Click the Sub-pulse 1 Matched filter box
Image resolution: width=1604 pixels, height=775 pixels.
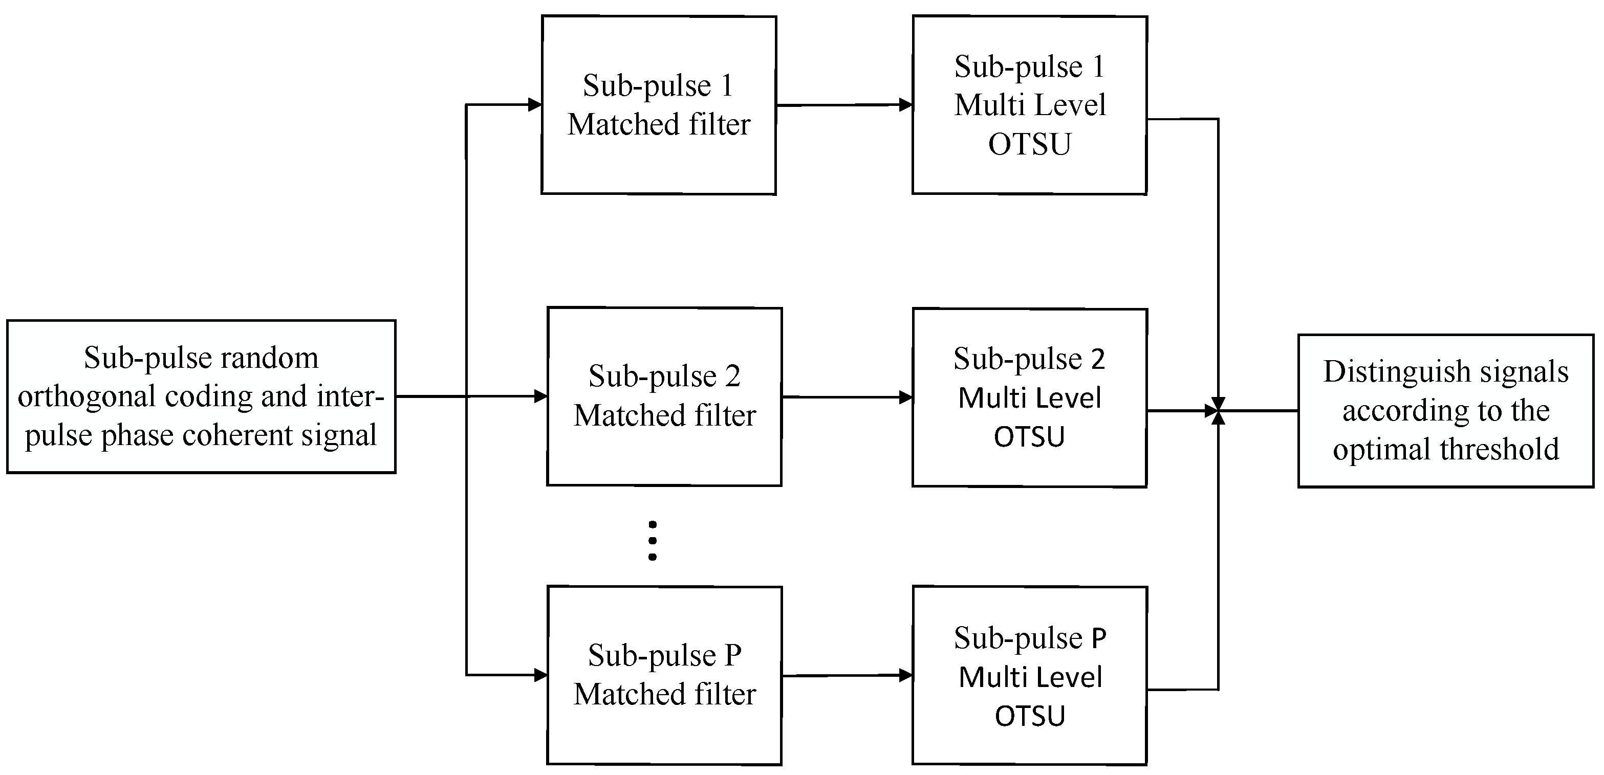tap(658, 104)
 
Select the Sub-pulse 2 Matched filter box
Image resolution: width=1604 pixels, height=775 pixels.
tap(664, 396)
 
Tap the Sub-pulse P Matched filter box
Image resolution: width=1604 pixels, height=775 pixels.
tap(664, 675)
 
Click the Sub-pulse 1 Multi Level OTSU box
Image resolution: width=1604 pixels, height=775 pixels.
tap(1029, 104)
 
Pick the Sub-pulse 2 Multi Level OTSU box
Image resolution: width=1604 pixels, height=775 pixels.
tap(1029, 397)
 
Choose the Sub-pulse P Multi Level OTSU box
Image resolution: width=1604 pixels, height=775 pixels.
tap(1029, 675)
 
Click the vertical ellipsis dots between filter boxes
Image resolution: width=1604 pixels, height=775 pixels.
tap(652, 540)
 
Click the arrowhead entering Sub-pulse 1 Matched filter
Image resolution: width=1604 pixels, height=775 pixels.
tap(535, 104)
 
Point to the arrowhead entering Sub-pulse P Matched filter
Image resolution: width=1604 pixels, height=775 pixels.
tap(540, 675)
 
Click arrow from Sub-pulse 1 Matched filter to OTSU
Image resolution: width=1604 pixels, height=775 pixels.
tap(844, 105)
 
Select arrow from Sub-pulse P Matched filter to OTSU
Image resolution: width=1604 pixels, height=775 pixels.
tap(847, 675)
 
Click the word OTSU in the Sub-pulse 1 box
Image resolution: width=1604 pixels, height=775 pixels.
tap(1029, 144)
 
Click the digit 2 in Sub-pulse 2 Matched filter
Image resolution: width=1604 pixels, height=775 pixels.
tap(732, 377)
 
